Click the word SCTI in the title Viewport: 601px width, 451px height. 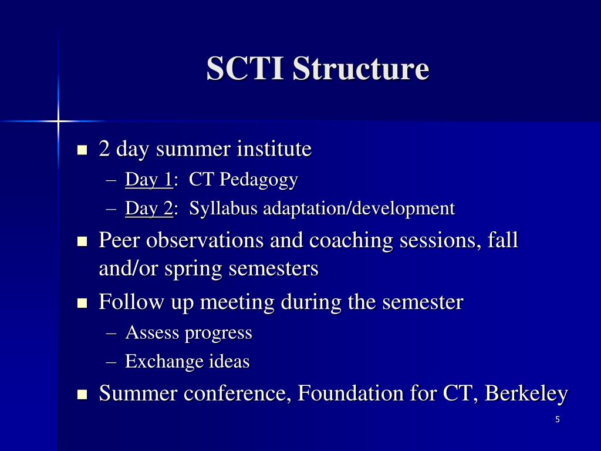pyautogui.click(x=245, y=69)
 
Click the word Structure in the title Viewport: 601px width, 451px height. pyautogui.click(x=361, y=69)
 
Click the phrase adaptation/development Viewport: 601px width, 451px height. pyautogui.click(x=359, y=208)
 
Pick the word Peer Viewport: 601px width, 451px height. pyautogui.click(x=120, y=240)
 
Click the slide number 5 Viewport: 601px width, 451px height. pyautogui.click(x=557, y=419)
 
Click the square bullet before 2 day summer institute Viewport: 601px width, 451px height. pyautogui.click(x=82, y=150)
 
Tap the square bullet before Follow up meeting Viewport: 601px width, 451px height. pyautogui.click(x=82, y=303)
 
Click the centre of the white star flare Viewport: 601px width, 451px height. pyautogui.click(x=58, y=122)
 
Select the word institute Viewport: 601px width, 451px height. pyautogui.click(x=274, y=149)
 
